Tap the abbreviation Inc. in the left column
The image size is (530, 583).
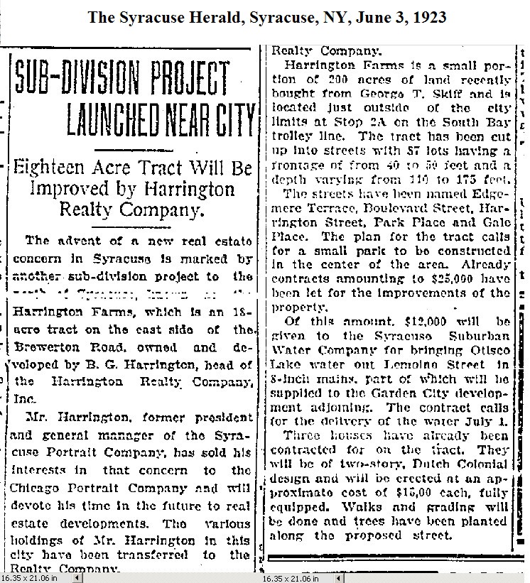click(26, 399)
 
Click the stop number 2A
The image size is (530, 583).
click(366, 121)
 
